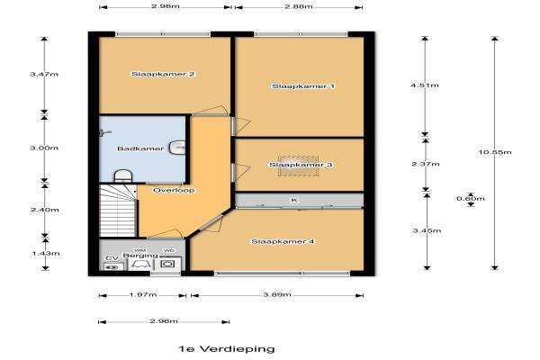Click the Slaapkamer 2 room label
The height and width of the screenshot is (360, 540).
(x=163, y=74)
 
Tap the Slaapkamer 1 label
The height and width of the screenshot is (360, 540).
(x=303, y=86)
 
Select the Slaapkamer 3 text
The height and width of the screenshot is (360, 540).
(x=301, y=165)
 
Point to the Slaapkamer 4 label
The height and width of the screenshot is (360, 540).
(x=283, y=241)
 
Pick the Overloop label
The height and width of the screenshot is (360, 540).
(x=174, y=190)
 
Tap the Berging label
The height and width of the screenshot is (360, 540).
(x=140, y=256)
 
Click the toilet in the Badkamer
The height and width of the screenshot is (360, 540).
(x=123, y=175)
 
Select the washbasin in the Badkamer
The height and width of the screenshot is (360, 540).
(x=177, y=148)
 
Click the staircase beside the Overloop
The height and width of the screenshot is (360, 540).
(x=118, y=211)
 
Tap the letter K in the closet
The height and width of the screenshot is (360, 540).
(x=294, y=200)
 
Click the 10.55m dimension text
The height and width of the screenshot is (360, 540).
(x=495, y=152)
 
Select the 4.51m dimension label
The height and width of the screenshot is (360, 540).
(x=425, y=85)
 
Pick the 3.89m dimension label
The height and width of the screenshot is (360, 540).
(x=277, y=294)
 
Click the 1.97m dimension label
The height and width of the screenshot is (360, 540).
(x=143, y=294)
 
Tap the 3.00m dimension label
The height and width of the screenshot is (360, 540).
(x=44, y=148)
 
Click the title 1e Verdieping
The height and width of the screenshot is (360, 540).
(x=227, y=349)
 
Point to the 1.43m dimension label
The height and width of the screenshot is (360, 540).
(x=46, y=254)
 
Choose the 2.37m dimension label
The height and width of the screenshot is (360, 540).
(x=426, y=164)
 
